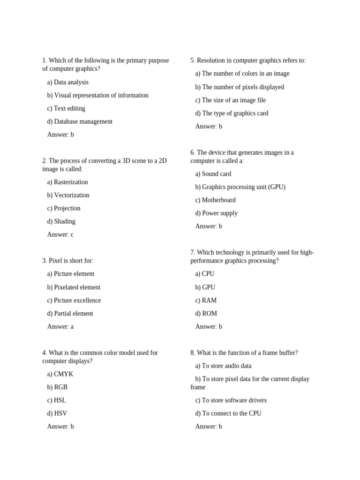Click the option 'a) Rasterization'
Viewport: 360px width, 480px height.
pos(67,182)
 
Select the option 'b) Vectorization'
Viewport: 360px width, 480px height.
pos(68,195)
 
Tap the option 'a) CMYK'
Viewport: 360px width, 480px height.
pos(60,374)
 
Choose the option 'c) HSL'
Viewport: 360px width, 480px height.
pos(56,400)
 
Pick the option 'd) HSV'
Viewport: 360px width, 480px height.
pos(57,413)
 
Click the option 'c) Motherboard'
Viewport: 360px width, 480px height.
pos(215,200)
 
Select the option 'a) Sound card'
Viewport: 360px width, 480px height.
pos(213,173)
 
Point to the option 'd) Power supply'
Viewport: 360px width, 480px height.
pos(216,213)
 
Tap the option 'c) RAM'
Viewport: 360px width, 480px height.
pos(206,300)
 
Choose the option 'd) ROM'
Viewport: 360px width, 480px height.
pos(206,313)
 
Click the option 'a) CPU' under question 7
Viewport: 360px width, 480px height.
pos(205,274)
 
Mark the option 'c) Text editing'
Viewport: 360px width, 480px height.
pos(66,108)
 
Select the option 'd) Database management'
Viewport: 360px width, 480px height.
pos(80,121)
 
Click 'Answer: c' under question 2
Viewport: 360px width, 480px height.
pos(60,234)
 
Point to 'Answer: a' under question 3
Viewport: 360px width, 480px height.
pos(60,326)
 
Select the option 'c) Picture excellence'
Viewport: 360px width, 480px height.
pos(74,300)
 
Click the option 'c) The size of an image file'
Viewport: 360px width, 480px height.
pos(230,100)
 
